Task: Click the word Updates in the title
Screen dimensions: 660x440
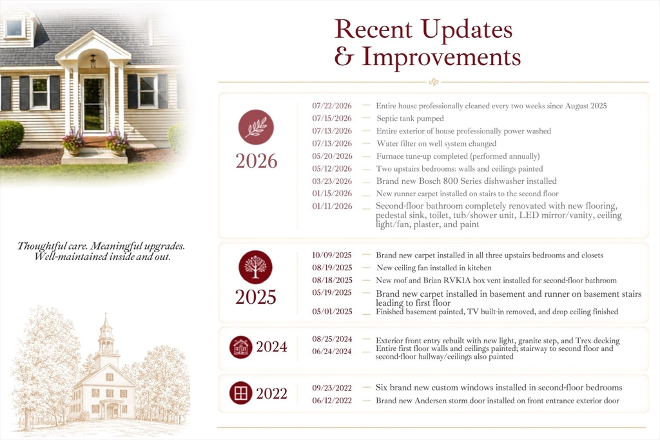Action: pos(467,30)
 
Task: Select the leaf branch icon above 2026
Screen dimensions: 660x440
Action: pos(256,127)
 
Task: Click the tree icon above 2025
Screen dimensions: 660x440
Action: pos(255,267)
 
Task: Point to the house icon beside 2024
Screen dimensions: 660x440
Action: pos(241,347)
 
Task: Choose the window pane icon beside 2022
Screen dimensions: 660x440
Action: pos(241,393)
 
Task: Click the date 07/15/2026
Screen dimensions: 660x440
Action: pos(332,119)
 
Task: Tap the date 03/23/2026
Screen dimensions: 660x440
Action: pos(332,181)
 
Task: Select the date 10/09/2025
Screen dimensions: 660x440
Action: pos(332,255)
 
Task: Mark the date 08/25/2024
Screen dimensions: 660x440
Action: pos(332,339)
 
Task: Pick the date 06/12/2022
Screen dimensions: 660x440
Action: pos(332,401)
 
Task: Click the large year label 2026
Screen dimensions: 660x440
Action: pos(257,161)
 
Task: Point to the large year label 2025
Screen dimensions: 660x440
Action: pos(255,297)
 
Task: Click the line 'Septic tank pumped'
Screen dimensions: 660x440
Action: pos(411,119)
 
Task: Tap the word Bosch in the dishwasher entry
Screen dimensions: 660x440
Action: pos(429,181)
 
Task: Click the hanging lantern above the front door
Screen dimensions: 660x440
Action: pos(93,61)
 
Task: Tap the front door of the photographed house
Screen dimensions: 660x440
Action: pos(94,104)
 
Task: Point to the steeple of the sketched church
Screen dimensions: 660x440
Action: pos(106,333)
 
